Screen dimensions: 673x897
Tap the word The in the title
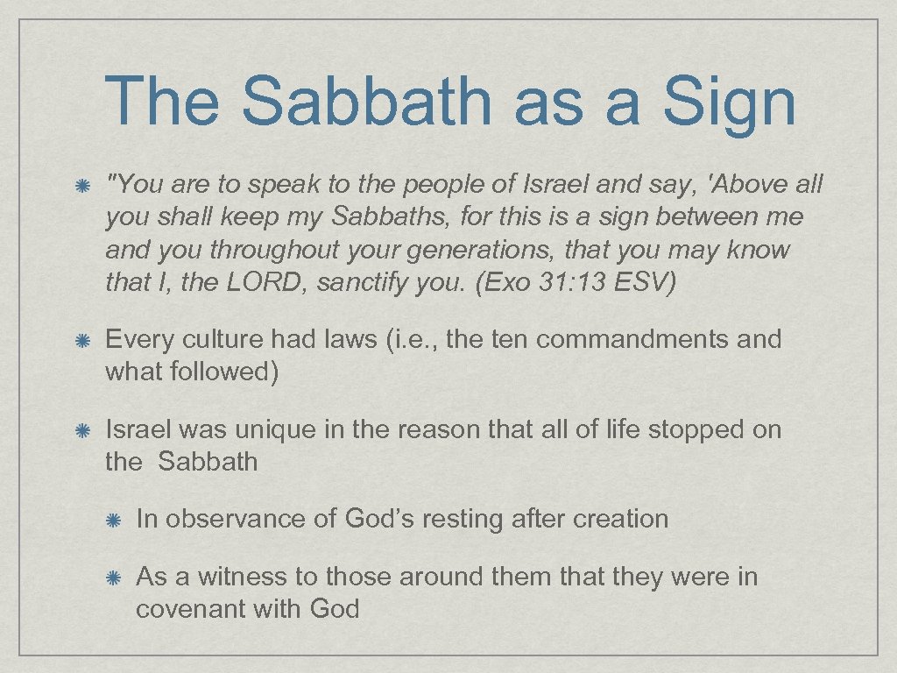point(162,101)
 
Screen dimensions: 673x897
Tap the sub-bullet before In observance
point(113,520)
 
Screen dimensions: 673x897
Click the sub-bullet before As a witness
point(113,577)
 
